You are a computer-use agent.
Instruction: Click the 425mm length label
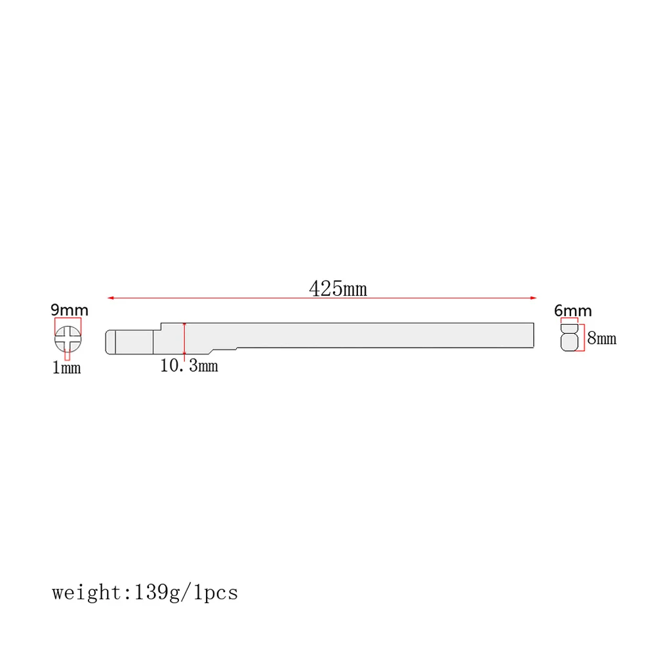[x=338, y=289]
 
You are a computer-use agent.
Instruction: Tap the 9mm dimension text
[x=70, y=310]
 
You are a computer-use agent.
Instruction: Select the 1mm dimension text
[x=66, y=368]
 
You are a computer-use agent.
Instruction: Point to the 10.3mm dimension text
[x=189, y=366]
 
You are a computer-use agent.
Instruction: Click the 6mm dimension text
[x=572, y=310]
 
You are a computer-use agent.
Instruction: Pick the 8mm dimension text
[x=601, y=338]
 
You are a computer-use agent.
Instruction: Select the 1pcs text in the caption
[x=215, y=593]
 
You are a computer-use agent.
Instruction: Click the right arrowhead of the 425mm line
[x=533, y=298]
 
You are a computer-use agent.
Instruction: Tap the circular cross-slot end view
[x=68, y=339]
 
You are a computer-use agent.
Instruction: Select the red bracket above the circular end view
[x=68, y=319]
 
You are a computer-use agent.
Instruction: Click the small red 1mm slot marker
[x=67, y=355]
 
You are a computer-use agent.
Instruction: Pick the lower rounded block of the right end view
[x=570, y=341]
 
